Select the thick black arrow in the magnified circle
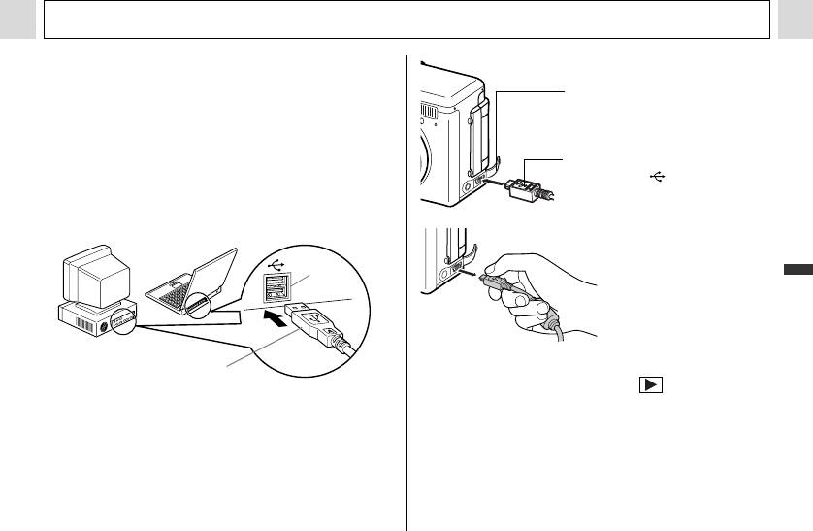(x=276, y=316)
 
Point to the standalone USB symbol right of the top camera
(x=659, y=177)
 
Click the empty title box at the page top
(x=406, y=19)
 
